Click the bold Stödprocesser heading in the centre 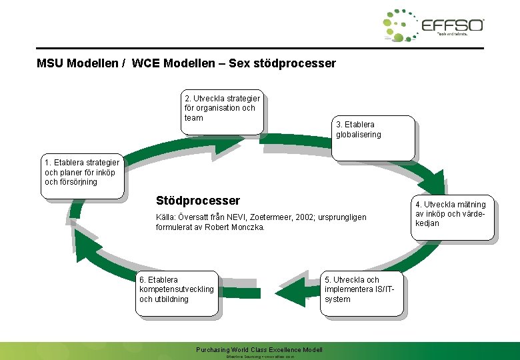coord(197,201)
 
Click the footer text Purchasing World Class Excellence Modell coord(259,350)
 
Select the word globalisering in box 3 coord(359,135)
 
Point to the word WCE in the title coord(145,64)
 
